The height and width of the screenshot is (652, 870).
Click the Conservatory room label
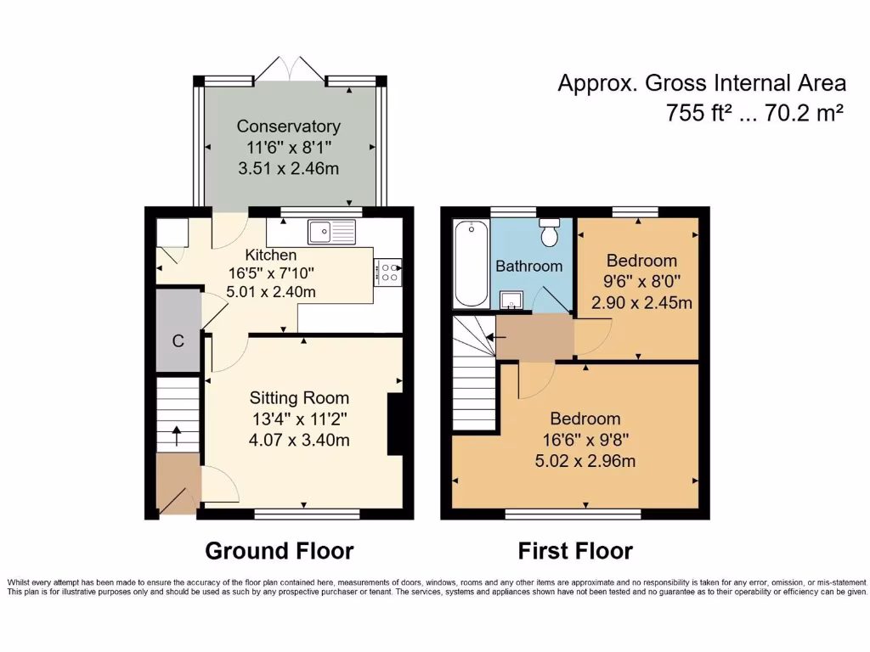click(x=288, y=126)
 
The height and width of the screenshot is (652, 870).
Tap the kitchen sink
click(x=331, y=231)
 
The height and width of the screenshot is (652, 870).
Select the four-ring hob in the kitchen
click(x=387, y=272)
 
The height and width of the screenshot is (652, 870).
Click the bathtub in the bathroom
click(x=471, y=263)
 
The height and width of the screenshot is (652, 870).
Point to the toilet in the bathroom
click(x=550, y=231)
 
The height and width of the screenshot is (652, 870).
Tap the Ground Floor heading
click(x=279, y=551)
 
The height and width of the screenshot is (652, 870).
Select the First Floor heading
click(x=575, y=551)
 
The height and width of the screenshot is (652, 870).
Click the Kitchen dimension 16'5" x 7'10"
click(x=270, y=273)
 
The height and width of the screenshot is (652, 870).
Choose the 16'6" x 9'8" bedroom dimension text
click(x=585, y=440)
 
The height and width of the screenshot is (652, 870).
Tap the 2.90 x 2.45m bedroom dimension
click(x=641, y=303)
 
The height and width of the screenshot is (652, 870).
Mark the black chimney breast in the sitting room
click(x=394, y=424)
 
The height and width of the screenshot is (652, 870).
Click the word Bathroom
click(x=528, y=266)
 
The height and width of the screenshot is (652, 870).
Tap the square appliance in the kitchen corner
click(x=172, y=233)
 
